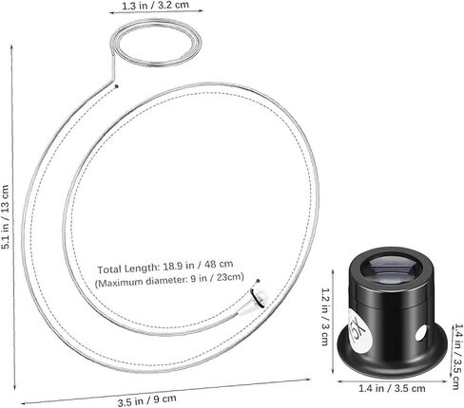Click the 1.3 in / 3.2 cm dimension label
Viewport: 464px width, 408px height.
pyautogui.click(x=155, y=6)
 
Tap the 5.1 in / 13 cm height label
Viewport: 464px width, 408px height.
pyautogui.click(x=6, y=217)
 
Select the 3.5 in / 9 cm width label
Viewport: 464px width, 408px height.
pyautogui.click(x=146, y=400)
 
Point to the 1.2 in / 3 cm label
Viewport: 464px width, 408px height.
pyautogui.click(x=325, y=317)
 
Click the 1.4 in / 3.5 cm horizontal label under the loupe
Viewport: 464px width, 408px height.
pyautogui.click(x=392, y=388)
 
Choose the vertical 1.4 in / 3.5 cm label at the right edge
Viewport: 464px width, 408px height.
pyautogui.click(x=458, y=356)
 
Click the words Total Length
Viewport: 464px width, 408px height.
pyautogui.click(x=127, y=269)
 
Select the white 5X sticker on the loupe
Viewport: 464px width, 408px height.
pyautogui.click(x=359, y=329)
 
